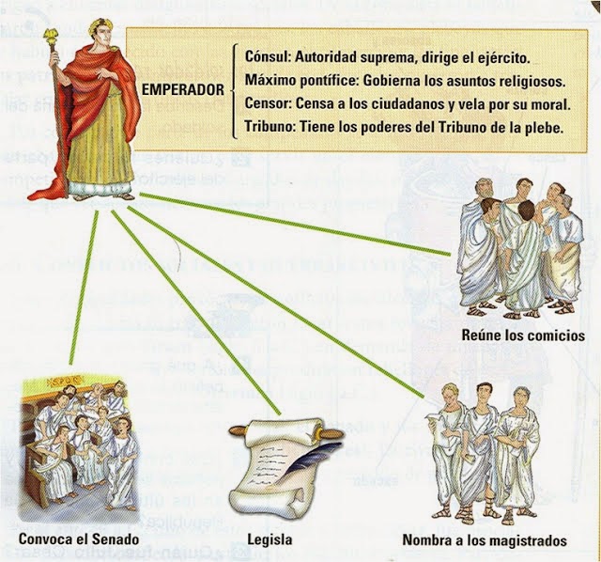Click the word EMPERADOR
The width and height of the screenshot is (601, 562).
183,90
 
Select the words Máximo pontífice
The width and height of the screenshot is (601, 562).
285,78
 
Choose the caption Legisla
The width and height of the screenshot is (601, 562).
272,540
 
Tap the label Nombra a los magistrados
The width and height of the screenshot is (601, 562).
484,540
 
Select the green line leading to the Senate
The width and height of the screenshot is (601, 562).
83,291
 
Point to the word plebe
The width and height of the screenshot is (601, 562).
542,126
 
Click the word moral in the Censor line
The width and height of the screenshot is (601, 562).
548,101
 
